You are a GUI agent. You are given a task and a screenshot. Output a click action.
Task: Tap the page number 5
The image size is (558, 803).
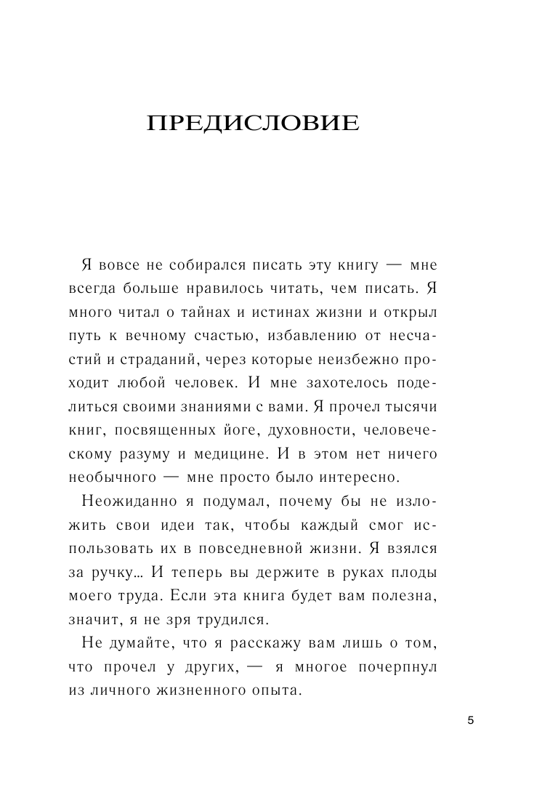click(x=470, y=720)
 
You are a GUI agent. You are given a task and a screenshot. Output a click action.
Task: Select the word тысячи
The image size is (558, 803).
click(x=408, y=407)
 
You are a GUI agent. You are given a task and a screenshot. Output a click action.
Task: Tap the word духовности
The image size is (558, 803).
click(x=311, y=431)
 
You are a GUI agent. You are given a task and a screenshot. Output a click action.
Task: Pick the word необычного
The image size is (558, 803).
click(x=121, y=478)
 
